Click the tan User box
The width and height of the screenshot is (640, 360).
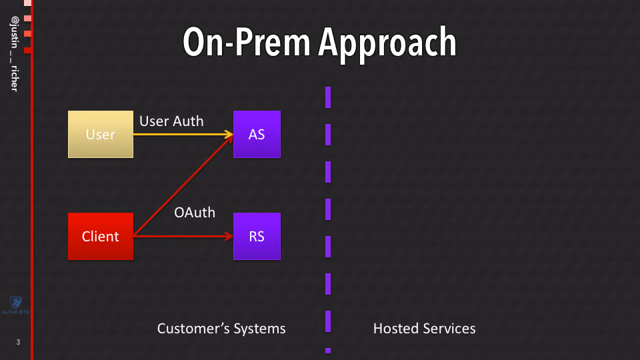point(101,134)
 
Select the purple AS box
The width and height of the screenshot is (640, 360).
point(257,134)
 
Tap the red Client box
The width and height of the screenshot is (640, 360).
point(101,236)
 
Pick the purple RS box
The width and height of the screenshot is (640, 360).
point(257,236)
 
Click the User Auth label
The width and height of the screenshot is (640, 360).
point(171,121)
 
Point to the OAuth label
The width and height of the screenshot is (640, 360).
point(195,213)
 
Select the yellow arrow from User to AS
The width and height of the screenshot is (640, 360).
point(183,134)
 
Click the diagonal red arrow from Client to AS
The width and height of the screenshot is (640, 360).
point(183,185)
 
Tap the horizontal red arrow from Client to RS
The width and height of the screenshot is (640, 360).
point(183,236)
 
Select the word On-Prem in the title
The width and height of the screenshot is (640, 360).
point(247,41)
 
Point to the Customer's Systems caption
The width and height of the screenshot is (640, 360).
point(221,329)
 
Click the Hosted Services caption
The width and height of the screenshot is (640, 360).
point(425,329)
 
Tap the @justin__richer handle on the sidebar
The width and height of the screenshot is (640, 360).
point(15,54)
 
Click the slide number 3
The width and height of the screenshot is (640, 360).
point(18,342)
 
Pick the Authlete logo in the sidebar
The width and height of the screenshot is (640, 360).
point(15,305)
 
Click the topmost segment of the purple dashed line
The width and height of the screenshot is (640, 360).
point(328,97)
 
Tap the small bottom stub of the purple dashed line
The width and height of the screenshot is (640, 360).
point(328,350)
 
